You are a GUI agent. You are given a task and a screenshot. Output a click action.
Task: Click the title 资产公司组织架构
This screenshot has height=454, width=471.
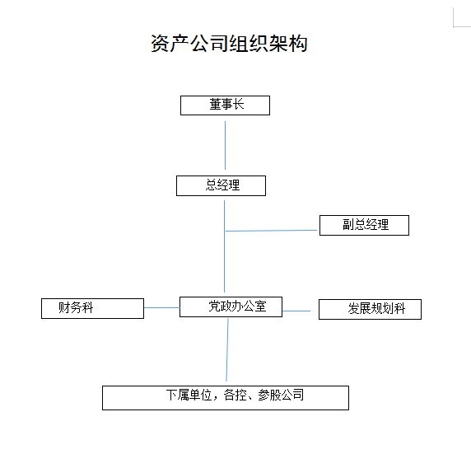pos(229,44)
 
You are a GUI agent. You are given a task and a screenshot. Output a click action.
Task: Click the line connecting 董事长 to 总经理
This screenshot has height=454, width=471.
pos(225,146)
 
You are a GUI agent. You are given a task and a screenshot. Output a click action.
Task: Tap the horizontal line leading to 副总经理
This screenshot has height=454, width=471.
pos(271,231)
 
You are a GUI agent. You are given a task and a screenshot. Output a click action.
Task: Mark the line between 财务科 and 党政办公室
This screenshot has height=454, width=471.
pos(162,307)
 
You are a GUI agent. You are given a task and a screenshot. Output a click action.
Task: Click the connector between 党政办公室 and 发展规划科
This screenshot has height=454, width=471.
pos(296,311)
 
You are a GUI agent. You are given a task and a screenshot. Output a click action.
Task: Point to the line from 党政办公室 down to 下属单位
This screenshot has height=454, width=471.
pos(227,350)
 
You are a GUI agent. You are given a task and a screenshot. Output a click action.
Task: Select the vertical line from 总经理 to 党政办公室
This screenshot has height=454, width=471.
pos(224,246)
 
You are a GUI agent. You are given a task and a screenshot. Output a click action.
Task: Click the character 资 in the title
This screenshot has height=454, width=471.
pos(160,44)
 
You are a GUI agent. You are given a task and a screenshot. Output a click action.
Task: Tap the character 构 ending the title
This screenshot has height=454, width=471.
pos(298,44)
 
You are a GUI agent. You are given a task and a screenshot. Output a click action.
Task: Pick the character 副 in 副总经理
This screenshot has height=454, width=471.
pos(348,225)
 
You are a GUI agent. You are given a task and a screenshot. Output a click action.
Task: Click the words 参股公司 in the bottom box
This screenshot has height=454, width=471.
pos(281,395)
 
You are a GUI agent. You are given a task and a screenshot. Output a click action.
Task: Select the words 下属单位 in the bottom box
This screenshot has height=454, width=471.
pos(189,395)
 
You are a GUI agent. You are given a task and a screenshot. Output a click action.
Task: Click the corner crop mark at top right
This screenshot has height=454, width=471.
pos(454,26)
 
